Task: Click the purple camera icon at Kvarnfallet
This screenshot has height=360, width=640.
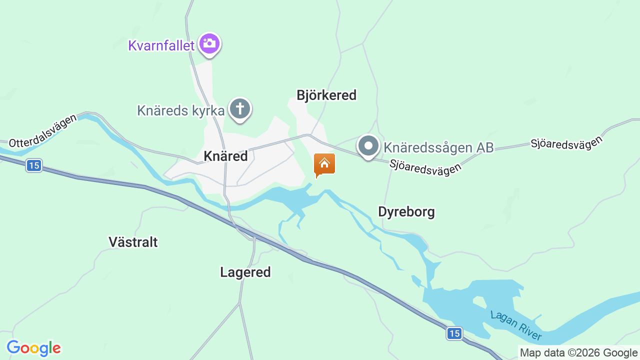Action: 209,44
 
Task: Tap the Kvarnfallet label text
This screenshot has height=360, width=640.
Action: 161,45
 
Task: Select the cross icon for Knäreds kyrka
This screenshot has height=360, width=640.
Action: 240,108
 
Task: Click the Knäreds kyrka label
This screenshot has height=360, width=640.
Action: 181,110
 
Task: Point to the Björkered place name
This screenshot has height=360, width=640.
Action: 326,95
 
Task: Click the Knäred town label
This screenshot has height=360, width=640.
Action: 226,156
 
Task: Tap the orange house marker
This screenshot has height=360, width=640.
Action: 324,164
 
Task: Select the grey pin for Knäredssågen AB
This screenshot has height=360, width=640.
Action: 368,146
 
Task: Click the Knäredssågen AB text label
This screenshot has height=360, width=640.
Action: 438,147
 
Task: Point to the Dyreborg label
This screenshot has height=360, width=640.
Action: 406,212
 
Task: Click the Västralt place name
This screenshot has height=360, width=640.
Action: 133,242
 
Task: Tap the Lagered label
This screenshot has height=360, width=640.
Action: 245,272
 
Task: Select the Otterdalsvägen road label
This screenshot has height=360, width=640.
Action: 43,130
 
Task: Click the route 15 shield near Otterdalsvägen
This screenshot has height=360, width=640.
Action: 34,165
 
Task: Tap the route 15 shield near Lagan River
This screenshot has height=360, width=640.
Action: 454,333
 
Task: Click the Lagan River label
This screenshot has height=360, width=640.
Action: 516,326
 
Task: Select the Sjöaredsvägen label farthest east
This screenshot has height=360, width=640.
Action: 567,143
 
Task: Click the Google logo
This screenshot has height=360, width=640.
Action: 33,348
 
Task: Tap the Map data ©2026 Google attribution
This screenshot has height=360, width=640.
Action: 578,352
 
